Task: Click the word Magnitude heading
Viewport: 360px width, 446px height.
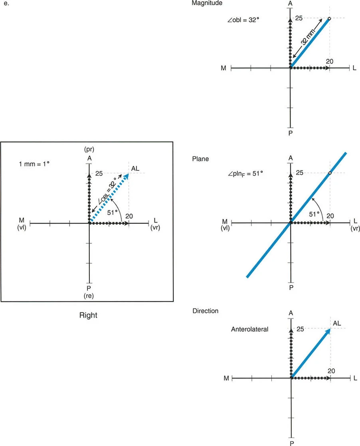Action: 207,3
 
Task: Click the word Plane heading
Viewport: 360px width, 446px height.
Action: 200,159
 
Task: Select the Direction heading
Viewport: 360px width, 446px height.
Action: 206,311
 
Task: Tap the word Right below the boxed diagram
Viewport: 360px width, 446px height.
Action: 88,316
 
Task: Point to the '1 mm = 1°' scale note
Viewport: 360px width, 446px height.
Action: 34,164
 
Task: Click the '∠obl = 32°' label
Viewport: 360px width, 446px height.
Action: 243,20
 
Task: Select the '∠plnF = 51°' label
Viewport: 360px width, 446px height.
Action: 245,174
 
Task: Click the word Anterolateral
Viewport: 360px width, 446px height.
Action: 249,330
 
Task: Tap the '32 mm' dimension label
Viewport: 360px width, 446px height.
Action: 309,37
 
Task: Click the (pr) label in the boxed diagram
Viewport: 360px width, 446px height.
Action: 89,149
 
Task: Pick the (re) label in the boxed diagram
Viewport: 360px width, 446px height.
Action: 89,296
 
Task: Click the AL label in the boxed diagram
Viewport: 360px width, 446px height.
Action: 135,169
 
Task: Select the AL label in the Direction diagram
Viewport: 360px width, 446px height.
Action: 337,324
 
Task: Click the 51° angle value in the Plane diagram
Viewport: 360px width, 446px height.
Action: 314,214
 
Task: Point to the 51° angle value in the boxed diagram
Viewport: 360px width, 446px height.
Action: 112,213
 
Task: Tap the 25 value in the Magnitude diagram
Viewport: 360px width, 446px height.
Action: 299,18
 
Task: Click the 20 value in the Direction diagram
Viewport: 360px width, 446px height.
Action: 331,371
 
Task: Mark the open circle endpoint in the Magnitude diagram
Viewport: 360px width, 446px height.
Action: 329,18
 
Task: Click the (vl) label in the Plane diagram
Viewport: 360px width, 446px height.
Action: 225,228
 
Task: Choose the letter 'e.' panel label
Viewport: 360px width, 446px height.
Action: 6,4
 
